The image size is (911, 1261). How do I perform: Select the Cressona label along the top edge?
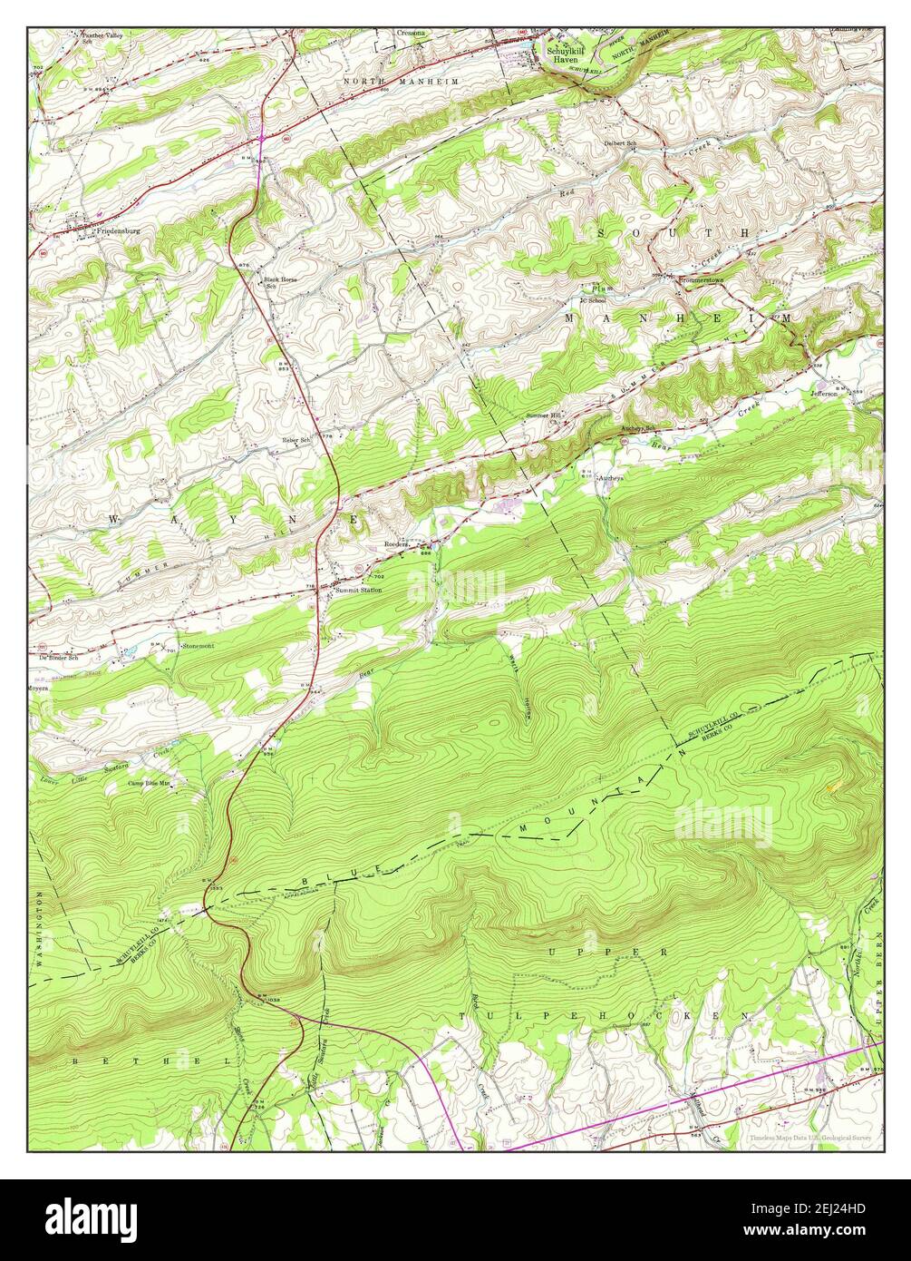pyautogui.click(x=411, y=34)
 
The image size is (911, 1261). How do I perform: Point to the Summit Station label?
pyautogui.click(x=358, y=591)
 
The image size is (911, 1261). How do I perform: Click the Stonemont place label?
pyautogui.click(x=198, y=646)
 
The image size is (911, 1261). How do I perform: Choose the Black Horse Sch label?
pyautogui.click(x=280, y=282)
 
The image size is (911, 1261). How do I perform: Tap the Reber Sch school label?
pyautogui.click(x=296, y=440)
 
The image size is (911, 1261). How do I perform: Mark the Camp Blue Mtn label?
pyautogui.click(x=149, y=783)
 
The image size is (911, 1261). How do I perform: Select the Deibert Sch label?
pyautogui.click(x=622, y=142)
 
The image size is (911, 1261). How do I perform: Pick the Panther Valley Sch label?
pyautogui.click(x=101, y=37)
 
